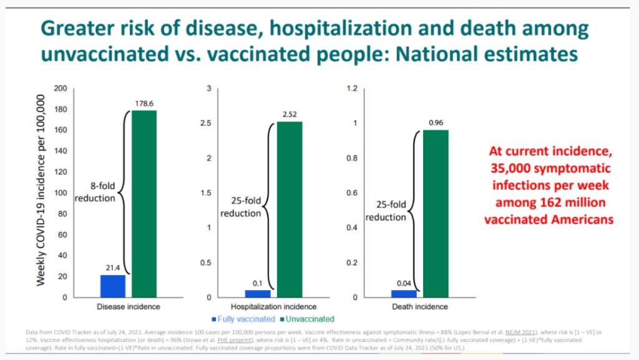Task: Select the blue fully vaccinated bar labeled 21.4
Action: [x=113, y=286]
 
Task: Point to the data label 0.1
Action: [x=258, y=284]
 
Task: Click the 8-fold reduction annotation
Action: [x=95, y=192]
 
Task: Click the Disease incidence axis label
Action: [x=129, y=307]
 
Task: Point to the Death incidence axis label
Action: [x=419, y=307]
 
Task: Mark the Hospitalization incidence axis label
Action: [x=274, y=307]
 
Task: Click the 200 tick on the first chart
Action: [x=61, y=88]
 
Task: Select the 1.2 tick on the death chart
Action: [x=351, y=88]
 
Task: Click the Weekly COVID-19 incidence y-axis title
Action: [x=41, y=190]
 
